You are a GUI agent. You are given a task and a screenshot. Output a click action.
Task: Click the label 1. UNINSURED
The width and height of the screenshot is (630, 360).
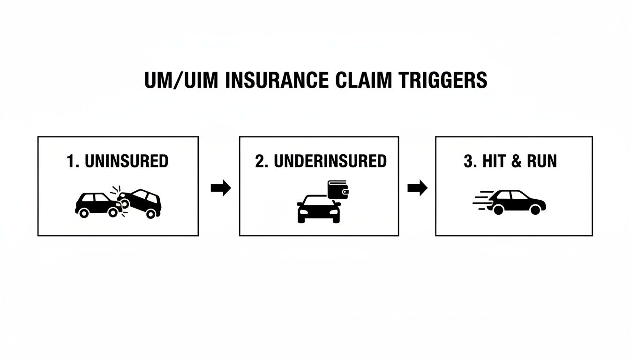point(117,161)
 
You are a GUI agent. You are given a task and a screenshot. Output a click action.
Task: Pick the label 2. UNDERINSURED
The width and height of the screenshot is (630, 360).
point(321,161)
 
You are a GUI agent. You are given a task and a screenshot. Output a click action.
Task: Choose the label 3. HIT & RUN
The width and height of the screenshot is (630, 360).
point(510,161)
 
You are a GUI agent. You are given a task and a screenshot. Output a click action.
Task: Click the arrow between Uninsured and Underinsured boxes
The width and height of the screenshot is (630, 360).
point(220,188)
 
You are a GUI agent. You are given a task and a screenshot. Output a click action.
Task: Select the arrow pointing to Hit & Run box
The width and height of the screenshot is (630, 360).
point(417,188)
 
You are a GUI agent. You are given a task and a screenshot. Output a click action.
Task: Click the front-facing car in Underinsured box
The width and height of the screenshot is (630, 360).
point(318,209)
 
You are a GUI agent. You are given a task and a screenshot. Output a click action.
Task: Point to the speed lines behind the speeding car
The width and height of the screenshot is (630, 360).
point(483,202)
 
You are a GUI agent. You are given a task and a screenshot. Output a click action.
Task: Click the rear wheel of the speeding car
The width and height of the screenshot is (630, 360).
point(498,210)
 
